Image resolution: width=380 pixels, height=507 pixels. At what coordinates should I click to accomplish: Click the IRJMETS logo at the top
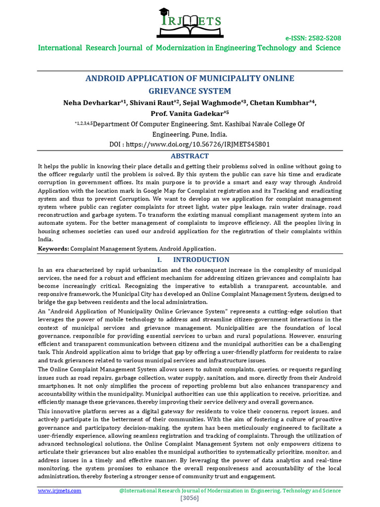click(190, 24)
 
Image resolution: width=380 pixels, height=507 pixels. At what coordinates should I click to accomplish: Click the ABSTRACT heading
click(190, 156)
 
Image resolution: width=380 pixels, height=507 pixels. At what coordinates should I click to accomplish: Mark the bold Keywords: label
click(53, 249)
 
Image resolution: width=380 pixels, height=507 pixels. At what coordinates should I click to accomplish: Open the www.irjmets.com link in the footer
click(60, 491)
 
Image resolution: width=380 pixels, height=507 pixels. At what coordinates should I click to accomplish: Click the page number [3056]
click(190, 498)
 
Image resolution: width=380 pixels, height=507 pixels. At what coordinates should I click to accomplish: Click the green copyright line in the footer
click(230, 491)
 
